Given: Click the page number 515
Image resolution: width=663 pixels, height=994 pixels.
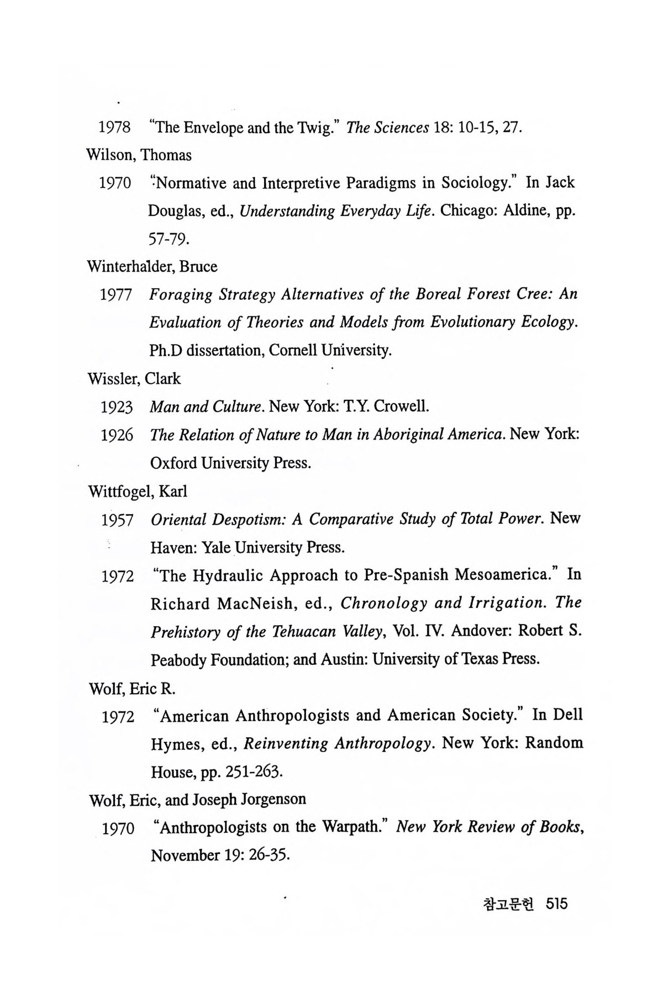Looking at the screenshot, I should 556,905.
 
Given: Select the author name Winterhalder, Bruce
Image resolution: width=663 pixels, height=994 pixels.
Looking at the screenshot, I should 152,267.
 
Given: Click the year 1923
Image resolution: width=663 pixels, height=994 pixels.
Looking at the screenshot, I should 117,408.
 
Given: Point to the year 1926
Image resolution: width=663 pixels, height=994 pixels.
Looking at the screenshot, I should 117,436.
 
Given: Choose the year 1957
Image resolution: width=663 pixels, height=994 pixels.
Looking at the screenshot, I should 117,520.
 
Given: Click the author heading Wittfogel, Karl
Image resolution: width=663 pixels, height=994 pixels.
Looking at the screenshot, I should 138,491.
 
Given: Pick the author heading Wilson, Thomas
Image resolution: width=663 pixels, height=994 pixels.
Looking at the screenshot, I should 139,155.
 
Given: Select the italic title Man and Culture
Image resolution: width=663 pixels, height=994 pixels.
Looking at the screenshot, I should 205,407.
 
